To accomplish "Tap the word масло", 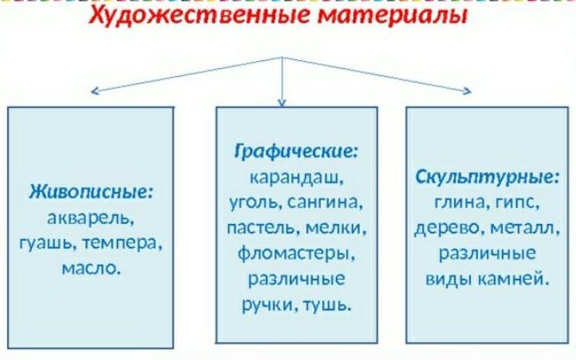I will [x=91, y=266].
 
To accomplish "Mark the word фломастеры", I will [x=295, y=254].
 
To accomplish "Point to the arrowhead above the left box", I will [x=91, y=91].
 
